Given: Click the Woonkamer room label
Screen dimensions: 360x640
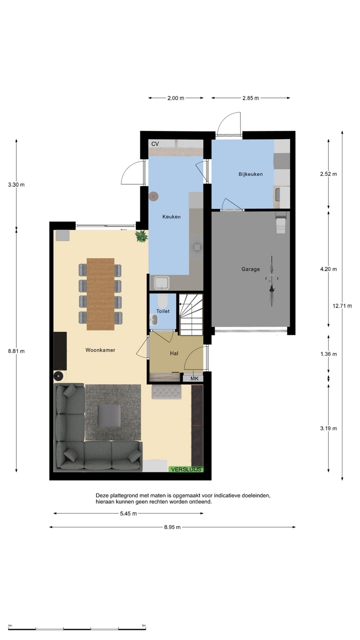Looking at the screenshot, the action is click(x=100, y=350).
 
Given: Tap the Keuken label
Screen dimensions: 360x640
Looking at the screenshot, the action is click(x=172, y=217).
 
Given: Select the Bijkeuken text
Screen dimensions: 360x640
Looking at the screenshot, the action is click(x=251, y=174).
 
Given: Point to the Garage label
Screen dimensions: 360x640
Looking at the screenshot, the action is click(x=251, y=269).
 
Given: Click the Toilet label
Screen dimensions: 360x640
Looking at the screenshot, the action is click(x=163, y=311).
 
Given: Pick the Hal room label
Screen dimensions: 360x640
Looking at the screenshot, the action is click(x=174, y=353).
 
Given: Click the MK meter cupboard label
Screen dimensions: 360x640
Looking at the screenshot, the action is click(x=194, y=379).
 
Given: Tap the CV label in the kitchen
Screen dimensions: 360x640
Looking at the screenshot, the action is click(x=155, y=144).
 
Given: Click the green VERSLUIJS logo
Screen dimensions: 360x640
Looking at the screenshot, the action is click(x=186, y=469).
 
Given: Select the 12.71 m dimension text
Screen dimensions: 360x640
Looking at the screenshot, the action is click(x=342, y=306).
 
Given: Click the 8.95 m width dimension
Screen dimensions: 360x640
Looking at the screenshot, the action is click(x=172, y=527).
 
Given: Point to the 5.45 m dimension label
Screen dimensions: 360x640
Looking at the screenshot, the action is click(x=128, y=513).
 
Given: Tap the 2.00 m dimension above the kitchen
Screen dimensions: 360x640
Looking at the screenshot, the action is click(x=176, y=98).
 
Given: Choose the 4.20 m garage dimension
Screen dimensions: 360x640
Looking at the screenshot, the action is click(x=328, y=269).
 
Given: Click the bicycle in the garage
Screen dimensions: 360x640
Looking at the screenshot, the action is click(x=272, y=281).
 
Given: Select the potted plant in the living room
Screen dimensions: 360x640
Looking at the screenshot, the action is click(x=142, y=236).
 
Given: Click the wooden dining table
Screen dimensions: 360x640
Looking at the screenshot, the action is click(x=100, y=294).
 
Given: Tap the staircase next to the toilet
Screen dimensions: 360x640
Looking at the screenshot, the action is click(x=191, y=315).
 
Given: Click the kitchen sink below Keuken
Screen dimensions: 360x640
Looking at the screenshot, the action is click(x=162, y=283).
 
